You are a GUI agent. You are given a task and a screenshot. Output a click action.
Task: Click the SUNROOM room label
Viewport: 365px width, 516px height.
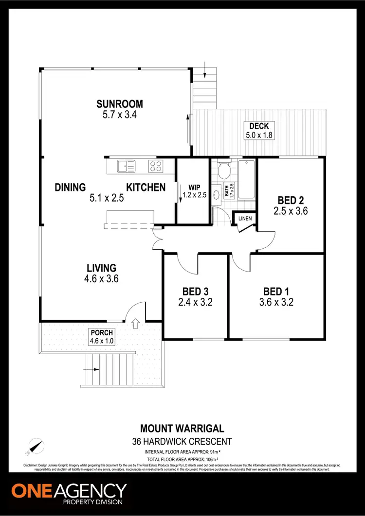point(119,103)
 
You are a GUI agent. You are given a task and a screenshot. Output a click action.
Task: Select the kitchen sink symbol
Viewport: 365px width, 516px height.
point(126,167)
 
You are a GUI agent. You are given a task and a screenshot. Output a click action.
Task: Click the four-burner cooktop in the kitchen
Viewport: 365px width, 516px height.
point(156,167)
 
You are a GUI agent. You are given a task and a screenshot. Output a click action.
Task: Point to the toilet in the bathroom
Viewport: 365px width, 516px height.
point(225,171)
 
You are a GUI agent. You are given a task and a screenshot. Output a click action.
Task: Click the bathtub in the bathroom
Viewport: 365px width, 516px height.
point(246,179)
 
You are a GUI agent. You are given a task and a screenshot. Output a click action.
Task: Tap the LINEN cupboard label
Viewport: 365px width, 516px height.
point(245,219)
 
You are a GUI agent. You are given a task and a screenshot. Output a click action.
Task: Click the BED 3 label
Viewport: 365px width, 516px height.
point(195,292)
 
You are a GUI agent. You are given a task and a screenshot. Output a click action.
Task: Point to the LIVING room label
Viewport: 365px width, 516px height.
point(101,268)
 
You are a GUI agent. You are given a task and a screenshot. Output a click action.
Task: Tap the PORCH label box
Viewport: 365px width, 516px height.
point(102,336)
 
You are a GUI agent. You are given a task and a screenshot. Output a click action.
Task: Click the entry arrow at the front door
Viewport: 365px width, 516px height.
point(135,322)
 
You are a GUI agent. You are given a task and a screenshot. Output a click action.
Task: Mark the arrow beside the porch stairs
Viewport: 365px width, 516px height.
point(89,369)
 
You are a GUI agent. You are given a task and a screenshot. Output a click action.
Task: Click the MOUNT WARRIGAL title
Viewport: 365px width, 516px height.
point(182,429)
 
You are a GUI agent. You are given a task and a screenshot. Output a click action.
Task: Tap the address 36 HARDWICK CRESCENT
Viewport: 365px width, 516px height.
point(182,442)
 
